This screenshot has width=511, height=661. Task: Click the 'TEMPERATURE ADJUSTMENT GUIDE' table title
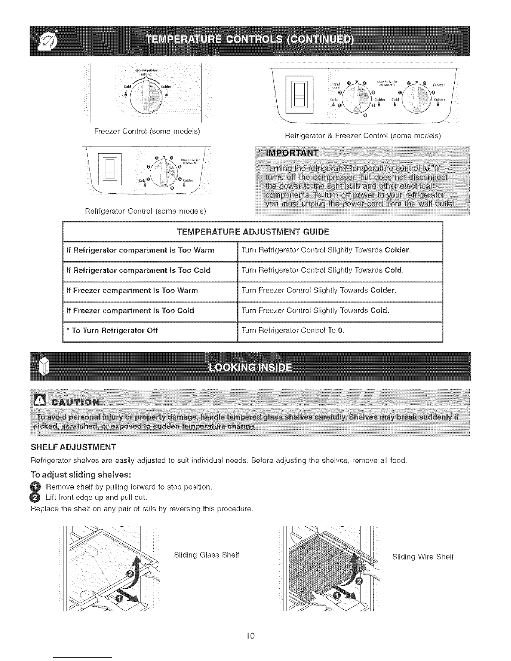[x=253, y=232]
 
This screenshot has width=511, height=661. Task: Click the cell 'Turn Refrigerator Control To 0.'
[x=293, y=330]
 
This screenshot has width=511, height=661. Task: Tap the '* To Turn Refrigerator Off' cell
[x=111, y=330]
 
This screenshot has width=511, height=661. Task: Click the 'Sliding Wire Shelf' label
[x=422, y=557]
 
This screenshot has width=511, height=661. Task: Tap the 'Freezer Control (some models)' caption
[x=147, y=131]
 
